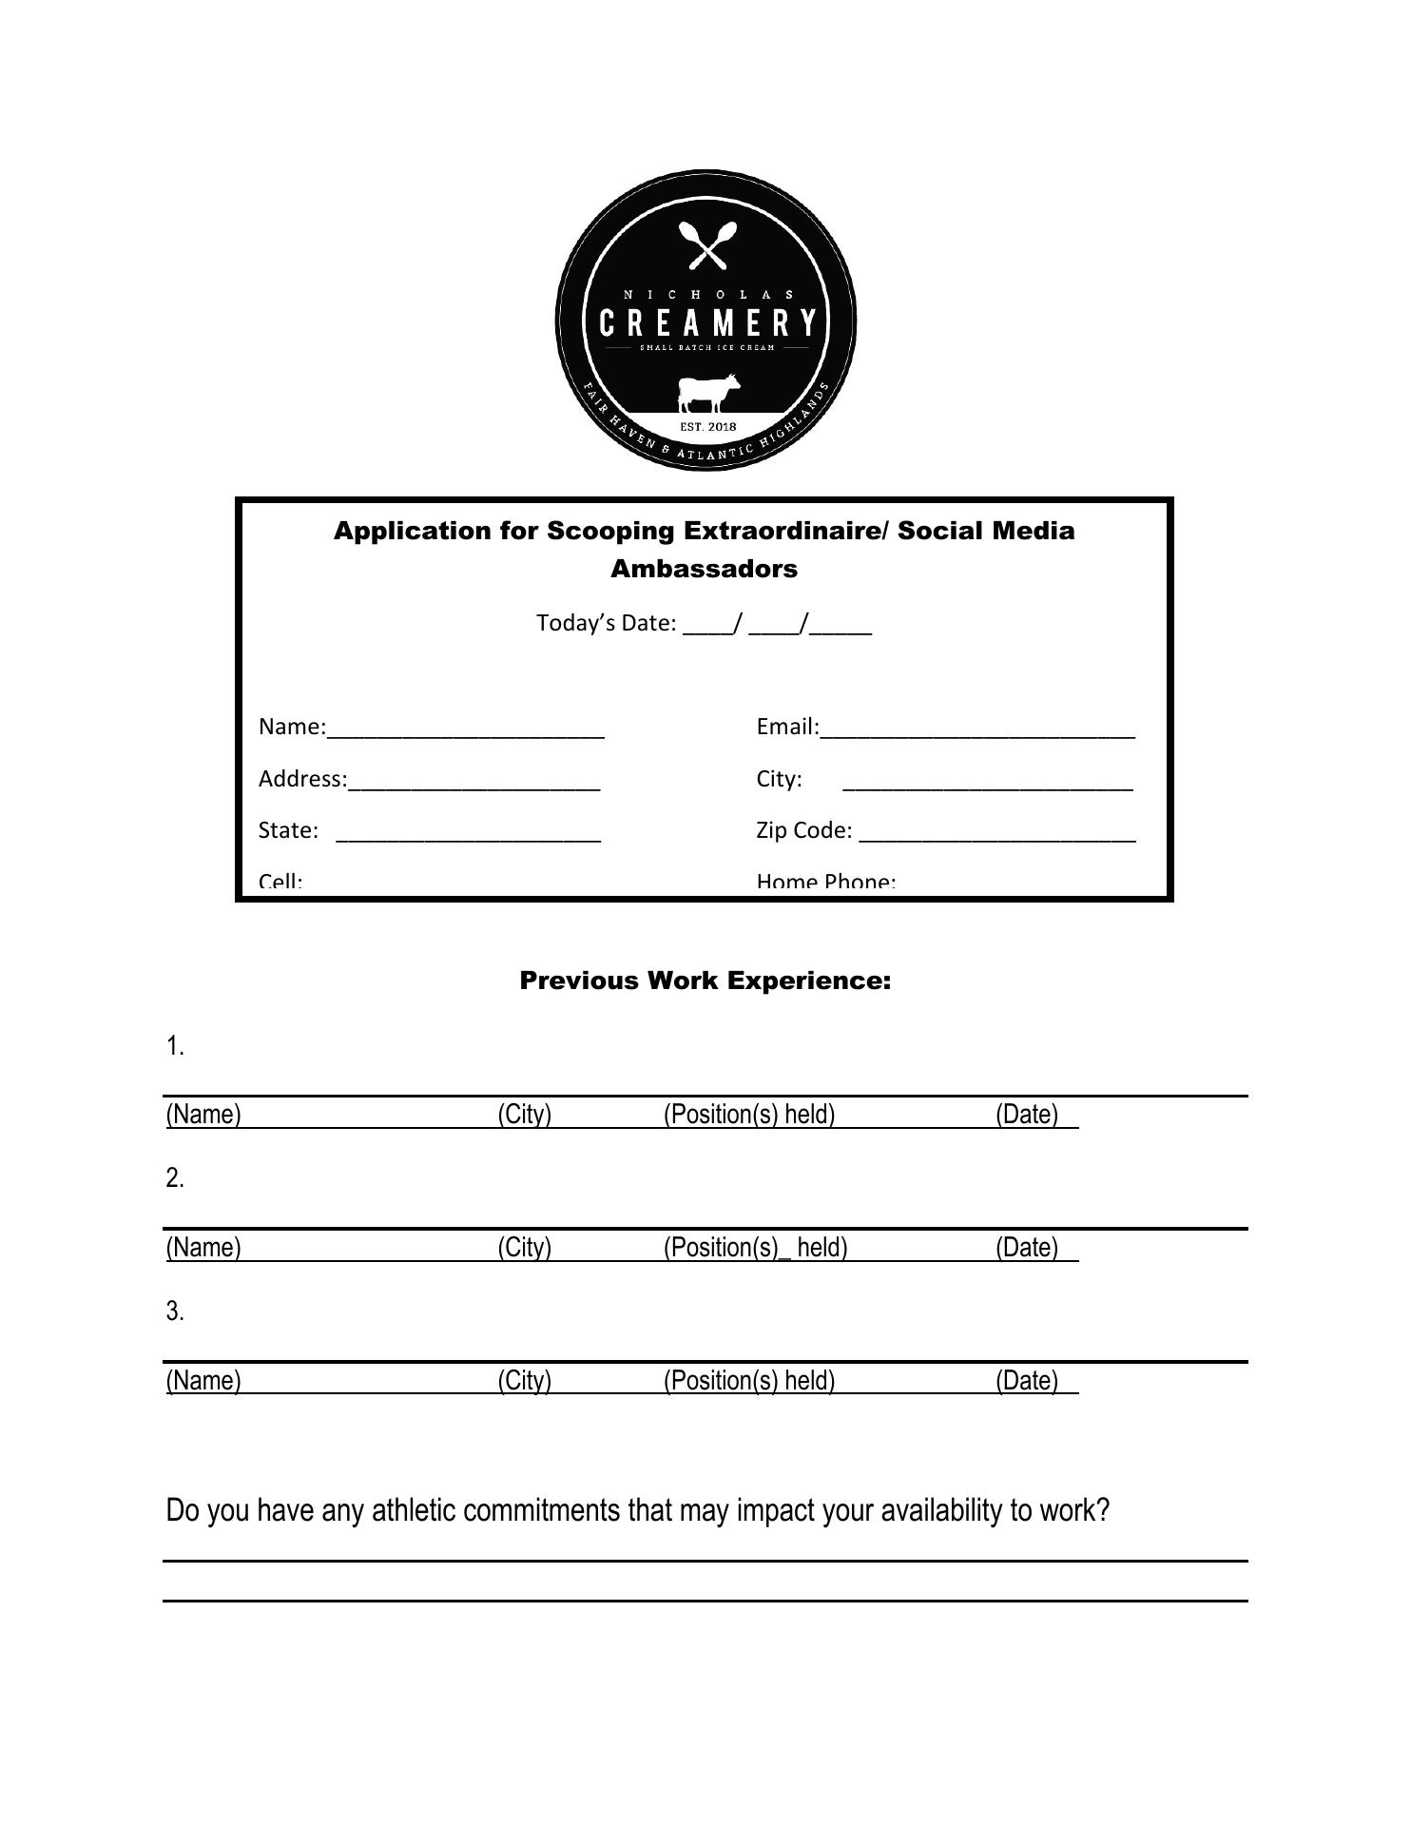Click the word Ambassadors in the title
tap(704, 569)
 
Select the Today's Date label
tap(606, 623)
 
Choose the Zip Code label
tap(803, 830)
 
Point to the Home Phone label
tap(825, 882)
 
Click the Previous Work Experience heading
tap(705, 981)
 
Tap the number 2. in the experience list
tap(174, 1178)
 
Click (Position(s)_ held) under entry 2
tap(755, 1247)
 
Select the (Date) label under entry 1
tap(1027, 1115)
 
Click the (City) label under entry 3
tap(524, 1380)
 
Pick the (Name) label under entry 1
tap(203, 1115)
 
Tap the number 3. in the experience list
tap(174, 1311)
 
